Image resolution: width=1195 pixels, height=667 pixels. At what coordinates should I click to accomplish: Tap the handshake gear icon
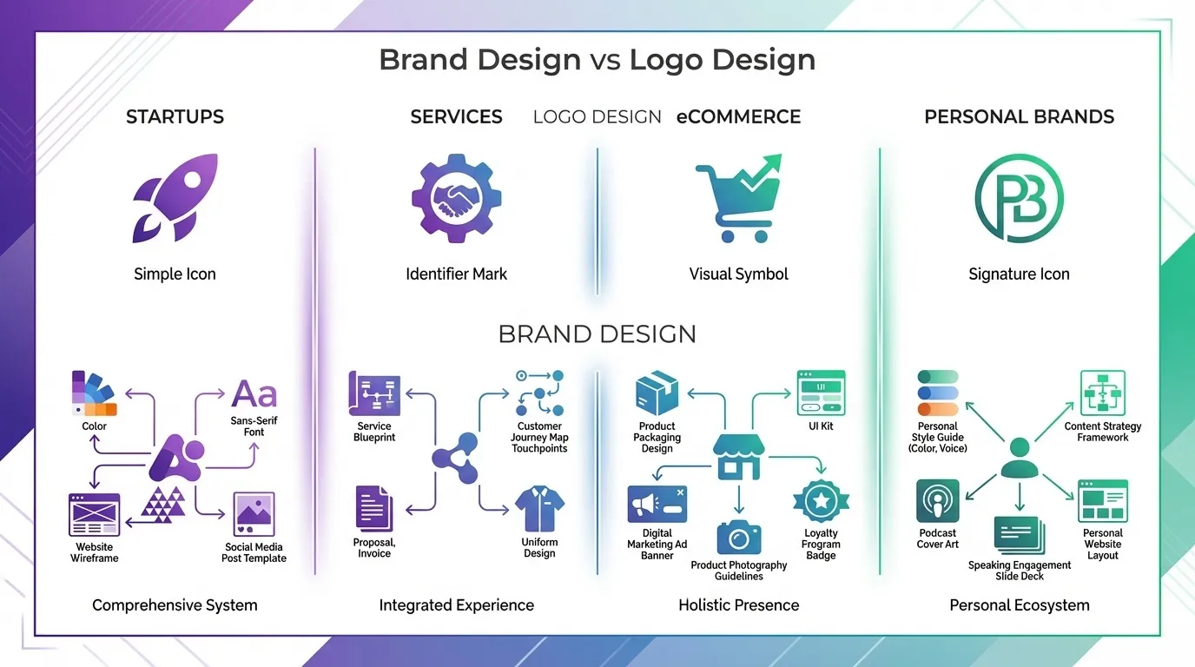(x=457, y=198)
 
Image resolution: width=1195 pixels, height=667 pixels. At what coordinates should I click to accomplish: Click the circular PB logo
(x=1019, y=198)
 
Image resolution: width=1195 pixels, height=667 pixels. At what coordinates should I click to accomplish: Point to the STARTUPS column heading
(x=175, y=116)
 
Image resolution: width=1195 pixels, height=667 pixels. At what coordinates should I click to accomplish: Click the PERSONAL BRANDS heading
(x=1019, y=116)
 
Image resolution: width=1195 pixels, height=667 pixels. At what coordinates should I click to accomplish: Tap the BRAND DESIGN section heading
(x=597, y=333)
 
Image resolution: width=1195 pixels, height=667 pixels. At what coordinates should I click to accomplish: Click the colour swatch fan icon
(x=94, y=393)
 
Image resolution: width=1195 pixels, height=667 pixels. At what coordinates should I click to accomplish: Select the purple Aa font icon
(x=254, y=393)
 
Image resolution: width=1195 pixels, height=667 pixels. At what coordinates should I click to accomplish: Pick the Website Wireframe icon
(x=94, y=514)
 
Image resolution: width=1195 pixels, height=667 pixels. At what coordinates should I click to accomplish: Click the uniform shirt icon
(x=539, y=510)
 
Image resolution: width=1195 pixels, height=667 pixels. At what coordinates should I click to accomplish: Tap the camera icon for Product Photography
(x=739, y=538)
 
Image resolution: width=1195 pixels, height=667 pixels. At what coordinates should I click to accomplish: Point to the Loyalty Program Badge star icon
(x=821, y=501)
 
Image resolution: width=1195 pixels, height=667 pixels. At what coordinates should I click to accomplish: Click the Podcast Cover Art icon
(x=938, y=501)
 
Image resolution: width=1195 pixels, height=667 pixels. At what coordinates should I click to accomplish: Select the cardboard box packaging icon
(x=657, y=393)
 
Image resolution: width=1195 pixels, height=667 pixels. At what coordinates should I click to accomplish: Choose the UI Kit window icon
(x=821, y=393)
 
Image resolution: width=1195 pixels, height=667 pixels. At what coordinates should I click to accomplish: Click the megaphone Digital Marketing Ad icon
(x=657, y=504)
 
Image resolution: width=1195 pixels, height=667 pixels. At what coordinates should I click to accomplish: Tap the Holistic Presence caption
(x=738, y=605)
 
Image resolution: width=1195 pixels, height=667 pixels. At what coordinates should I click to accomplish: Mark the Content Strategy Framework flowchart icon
(x=1103, y=393)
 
